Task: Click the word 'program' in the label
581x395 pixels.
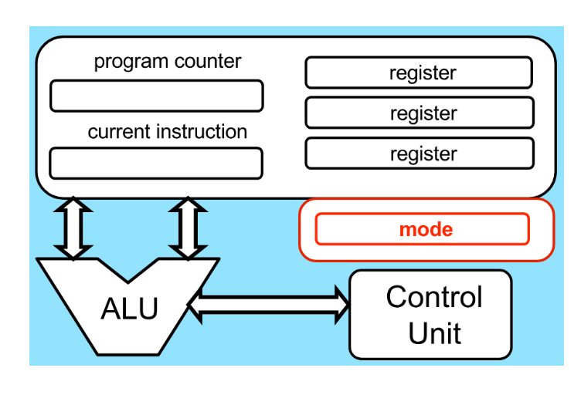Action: pyautogui.click(x=131, y=62)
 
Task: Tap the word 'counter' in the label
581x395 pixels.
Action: pyautogui.click(x=208, y=61)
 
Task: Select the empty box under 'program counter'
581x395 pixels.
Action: pyautogui.click(x=157, y=96)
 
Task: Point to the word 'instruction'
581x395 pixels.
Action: pyautogui.click(x=202, y=131)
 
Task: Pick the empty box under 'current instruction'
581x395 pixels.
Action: pyautogui.click(x=156, y=163)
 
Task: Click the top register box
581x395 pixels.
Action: pyautogui.click(x=419, y=73)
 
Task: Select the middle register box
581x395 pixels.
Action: pyautogui.click(x=420, y=113)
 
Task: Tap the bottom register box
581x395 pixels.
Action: pyautogui.click(x=420, y=153)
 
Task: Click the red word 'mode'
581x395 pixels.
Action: pyautogui.click(x=426, y=230)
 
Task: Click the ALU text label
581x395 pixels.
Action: pyautogui.click(x=129, y=309)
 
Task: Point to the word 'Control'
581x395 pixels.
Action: pyautogui.click(x=434, y=296)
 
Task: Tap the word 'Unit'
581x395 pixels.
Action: pyautogui.click(x=435, y=333)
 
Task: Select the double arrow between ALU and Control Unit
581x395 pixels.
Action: pyautogui.click(x=269, y=306)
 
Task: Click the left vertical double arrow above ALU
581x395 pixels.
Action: pyautogui.click(x=73, y=228)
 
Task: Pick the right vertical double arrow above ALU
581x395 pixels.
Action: pyautogui.click(x=188, y=228)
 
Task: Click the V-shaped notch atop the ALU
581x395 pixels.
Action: pyautogui.click(x=127, y=283)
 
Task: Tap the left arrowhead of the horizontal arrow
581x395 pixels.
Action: pyautogui.click(x=195, y=306)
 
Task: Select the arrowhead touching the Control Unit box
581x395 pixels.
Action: pyautogui.click(x=342, y=306)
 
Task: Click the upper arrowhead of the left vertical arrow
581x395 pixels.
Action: pyautogui.click(x=73, y=204)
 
